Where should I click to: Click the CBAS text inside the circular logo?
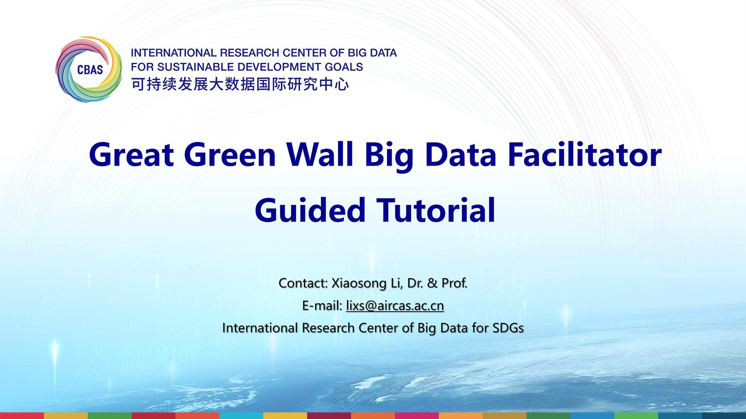(90, 70)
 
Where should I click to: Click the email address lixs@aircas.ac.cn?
(395, 306)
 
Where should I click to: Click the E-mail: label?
(322, 306)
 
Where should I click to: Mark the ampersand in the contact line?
(432, 283)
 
